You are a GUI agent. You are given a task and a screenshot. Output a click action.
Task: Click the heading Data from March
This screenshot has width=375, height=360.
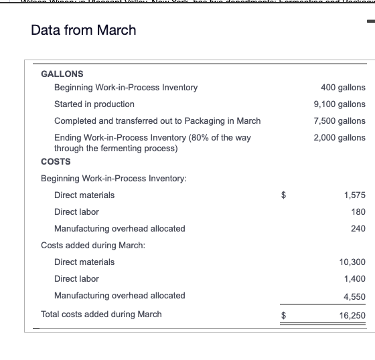tap(84, 30)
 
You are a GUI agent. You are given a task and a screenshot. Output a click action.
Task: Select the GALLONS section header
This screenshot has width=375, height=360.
tap(62, 74)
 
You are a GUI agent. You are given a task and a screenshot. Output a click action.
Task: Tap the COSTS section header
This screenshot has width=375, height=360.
tap(56, 161)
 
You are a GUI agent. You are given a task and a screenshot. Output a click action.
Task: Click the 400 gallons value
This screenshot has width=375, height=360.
tap(343, 88)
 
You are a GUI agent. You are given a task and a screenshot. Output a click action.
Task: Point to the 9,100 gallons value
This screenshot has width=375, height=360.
tap(340, 104)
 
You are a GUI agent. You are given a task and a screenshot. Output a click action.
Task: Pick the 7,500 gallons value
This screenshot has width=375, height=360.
tap(340, 121)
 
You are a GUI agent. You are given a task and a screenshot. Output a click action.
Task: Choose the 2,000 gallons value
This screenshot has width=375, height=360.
tap(340, 138)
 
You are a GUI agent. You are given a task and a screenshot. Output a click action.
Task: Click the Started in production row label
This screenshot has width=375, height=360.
tap(94, 104)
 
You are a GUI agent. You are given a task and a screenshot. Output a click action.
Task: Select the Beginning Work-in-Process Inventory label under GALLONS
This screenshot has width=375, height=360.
tap(126, 88)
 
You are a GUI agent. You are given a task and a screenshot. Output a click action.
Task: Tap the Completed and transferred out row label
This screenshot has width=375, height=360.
tap(157, 121)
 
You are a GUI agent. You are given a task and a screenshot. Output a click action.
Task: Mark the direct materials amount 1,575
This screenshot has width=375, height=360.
tap(354, 195)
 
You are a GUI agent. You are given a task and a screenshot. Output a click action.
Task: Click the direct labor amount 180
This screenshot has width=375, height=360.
tap(358, 212)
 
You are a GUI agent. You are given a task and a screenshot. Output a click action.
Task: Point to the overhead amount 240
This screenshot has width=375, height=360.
tap(358, 229)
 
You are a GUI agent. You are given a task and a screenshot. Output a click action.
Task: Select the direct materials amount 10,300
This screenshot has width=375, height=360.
tap(352, 262)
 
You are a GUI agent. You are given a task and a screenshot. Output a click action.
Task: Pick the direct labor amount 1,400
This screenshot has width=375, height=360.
tap(354, 279)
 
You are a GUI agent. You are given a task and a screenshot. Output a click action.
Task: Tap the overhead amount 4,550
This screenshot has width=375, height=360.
tap(354, 296)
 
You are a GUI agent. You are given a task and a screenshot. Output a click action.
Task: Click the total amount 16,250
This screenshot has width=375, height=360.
tap(352, 314)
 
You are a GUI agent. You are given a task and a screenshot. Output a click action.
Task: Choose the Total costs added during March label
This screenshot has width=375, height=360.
tap(101, 314)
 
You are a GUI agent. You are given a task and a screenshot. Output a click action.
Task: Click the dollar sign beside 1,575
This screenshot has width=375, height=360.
tap(283, 195)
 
